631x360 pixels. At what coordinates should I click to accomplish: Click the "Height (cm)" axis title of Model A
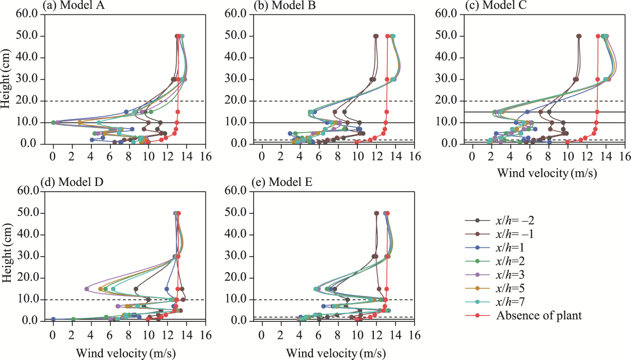pos(7,79)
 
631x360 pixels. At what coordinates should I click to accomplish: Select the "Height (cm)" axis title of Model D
pos(7,256)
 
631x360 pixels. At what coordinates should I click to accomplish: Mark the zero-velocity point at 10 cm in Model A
pos(53,122)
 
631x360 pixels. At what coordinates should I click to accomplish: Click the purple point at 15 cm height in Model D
pos(87,289)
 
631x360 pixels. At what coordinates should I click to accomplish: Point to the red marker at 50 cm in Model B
pos(388,36)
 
